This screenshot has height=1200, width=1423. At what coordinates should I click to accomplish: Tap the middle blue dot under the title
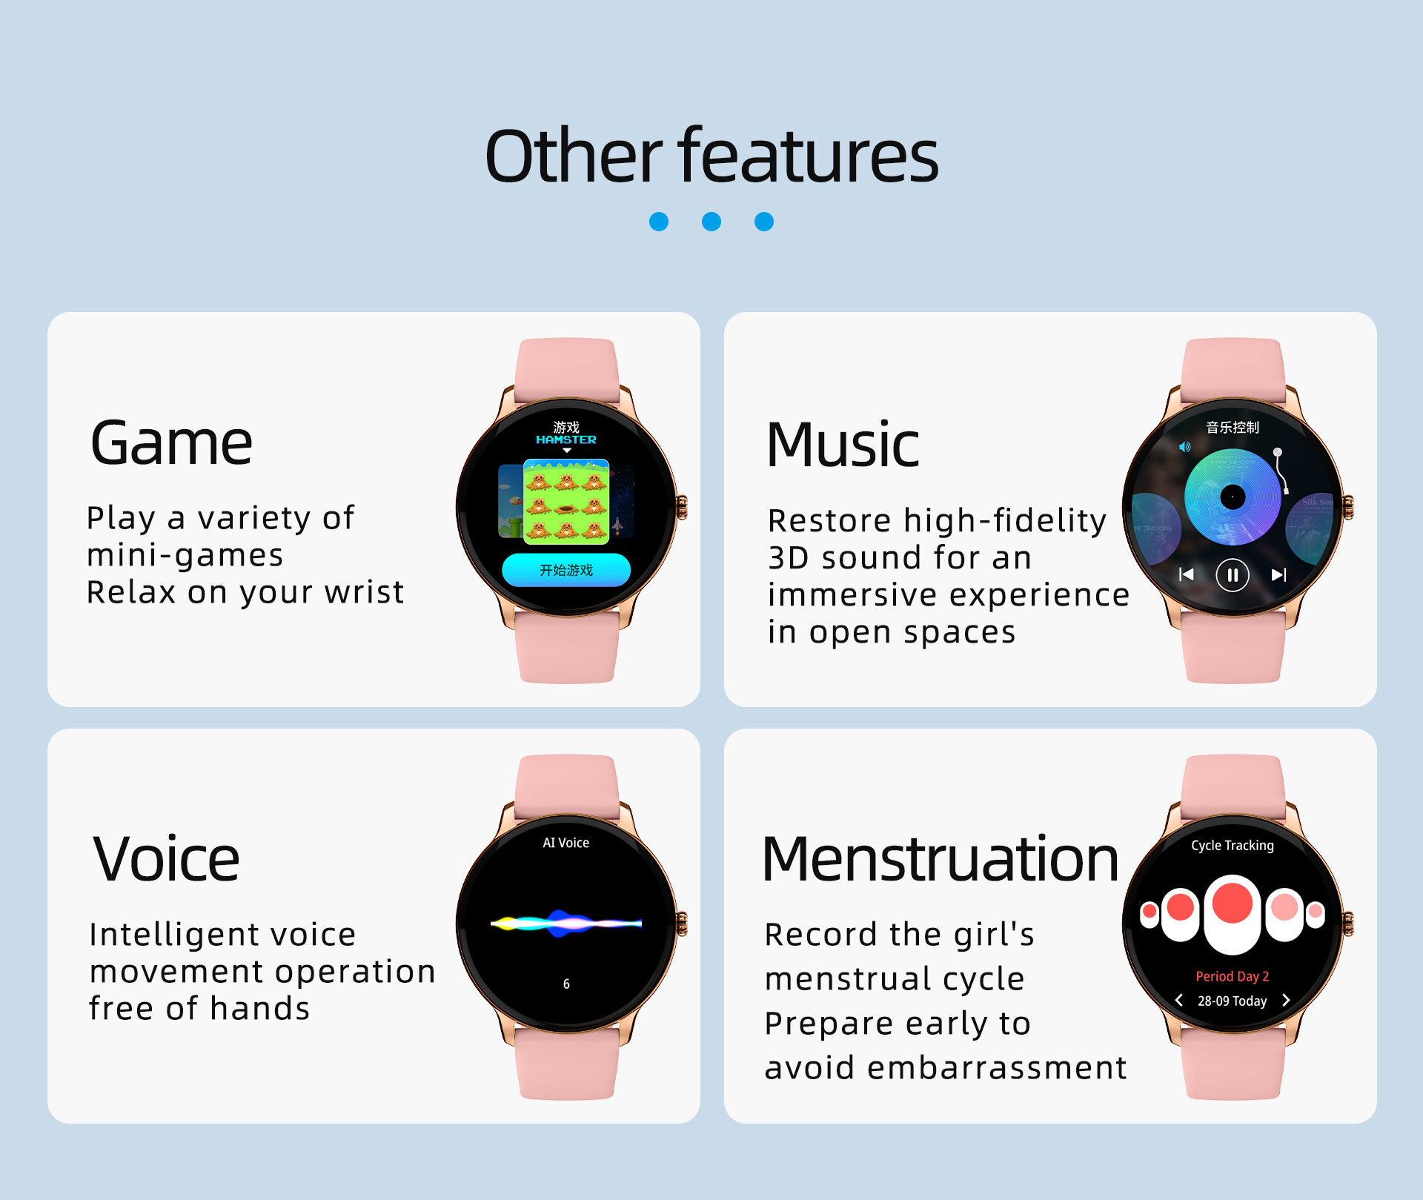point(711,222)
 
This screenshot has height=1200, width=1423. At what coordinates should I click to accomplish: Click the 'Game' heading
point(171,443)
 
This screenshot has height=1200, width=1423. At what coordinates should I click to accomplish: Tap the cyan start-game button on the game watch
point(566,570)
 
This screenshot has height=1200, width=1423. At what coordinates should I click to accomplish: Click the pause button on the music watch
point(1233,574)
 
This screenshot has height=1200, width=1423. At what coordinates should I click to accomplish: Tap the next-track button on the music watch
point(1278,574)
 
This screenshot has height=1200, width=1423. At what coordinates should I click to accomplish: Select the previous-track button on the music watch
point(1187,574)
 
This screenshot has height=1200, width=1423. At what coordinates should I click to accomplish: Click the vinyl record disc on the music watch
point(1233,497)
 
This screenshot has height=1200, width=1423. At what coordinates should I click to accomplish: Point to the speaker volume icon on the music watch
point(1184,447)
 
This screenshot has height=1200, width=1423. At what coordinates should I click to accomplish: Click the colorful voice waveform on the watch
point(566,923)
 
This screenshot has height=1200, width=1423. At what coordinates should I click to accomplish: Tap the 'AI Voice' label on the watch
point(566,843)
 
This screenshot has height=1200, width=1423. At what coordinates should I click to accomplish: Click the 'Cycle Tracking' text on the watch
point(1233,846)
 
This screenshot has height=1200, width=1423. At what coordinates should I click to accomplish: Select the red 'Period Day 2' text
point(1233,976)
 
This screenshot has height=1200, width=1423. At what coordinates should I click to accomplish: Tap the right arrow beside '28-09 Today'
point(1286,1001)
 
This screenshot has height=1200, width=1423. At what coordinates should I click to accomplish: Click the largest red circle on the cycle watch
point(1233,904)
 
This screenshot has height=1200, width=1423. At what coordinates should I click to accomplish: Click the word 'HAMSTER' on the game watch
point(566,440)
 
